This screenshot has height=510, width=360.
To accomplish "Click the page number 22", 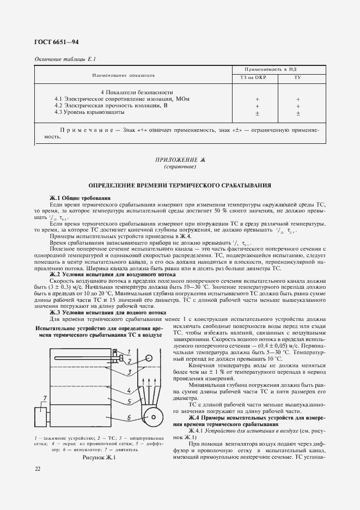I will point(38,469).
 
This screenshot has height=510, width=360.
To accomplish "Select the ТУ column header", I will point(298,77).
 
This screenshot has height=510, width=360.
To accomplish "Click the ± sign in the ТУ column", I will point(298,113).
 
